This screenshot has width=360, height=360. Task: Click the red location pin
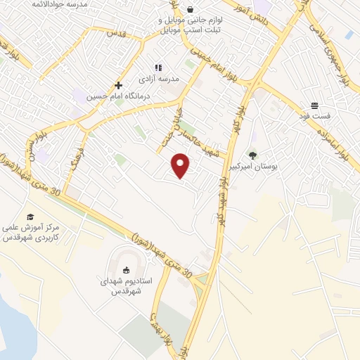pos(181,165)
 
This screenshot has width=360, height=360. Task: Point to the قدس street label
pos(115,33)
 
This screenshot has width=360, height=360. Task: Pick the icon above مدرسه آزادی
pos(158,67)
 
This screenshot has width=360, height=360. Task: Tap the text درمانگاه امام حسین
pos(114,97)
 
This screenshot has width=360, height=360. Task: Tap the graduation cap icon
pos(30,217)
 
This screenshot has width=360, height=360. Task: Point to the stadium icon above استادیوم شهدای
pos(127,270)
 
